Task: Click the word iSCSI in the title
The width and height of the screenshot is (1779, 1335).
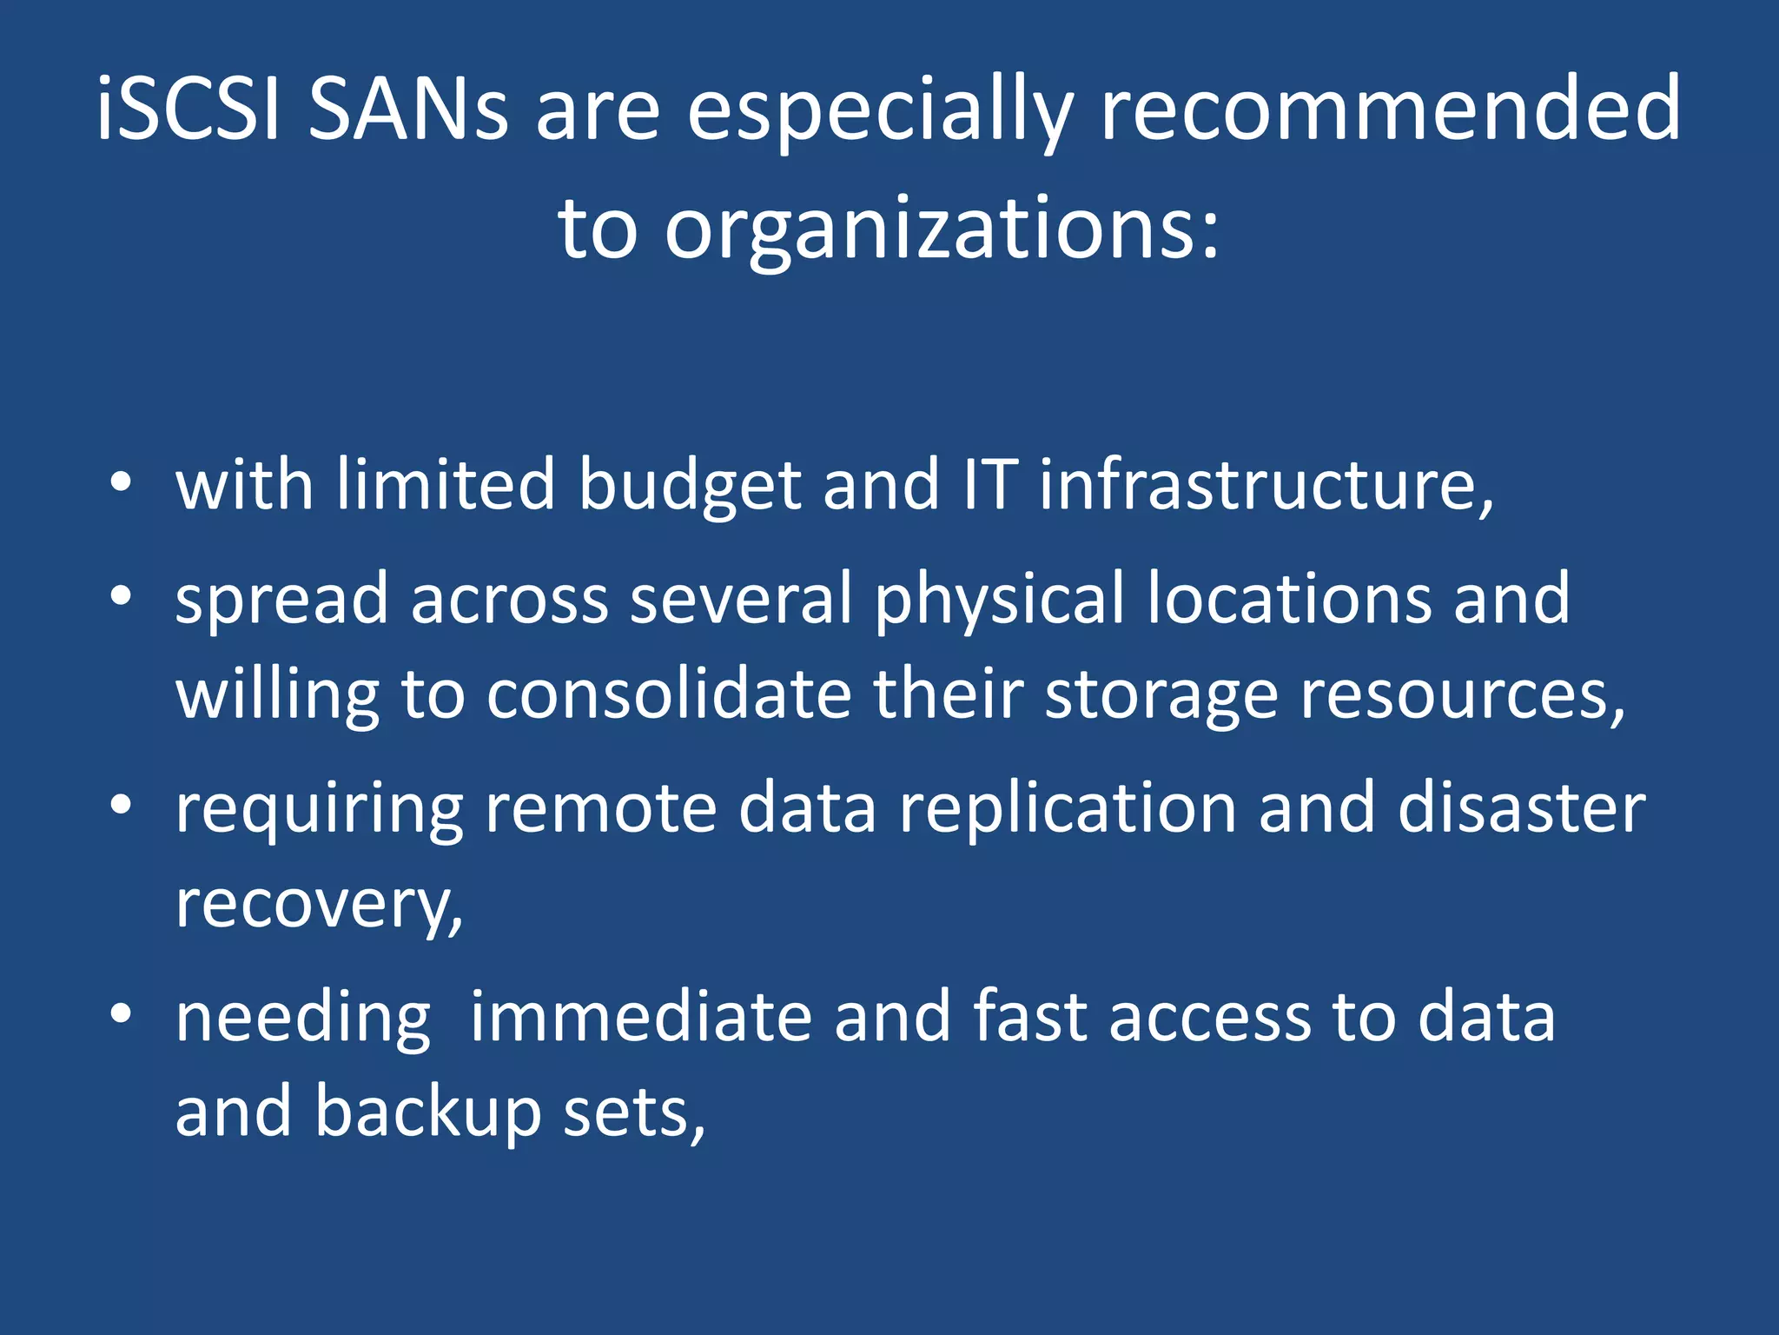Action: (x=188, y=108)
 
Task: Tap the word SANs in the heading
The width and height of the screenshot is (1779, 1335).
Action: (x=407, y=108)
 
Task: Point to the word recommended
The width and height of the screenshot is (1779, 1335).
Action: (x=1391, y=108)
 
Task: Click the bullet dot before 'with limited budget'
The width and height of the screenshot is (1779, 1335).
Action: (x=121, y=482)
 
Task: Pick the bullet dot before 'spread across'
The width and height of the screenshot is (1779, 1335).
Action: (x=121, y=596)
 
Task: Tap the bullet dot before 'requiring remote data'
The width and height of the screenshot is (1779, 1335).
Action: (x=121, y=805)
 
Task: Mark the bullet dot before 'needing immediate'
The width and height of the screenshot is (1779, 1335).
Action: (x=121, y=1013)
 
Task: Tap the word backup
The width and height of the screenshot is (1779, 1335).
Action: (x=427, y=1112)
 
